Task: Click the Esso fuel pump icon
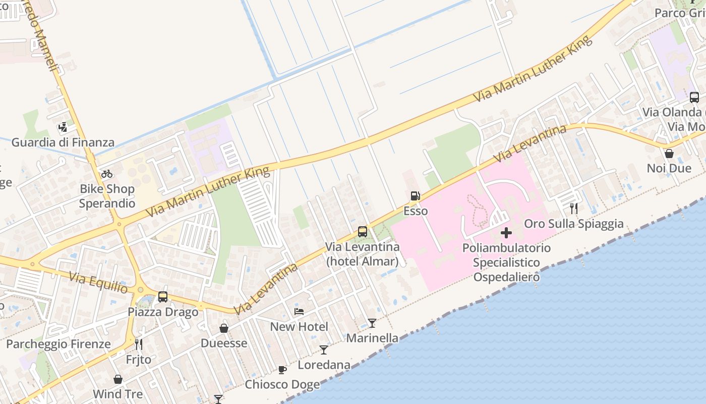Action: pyautogui.click(x=415, y=196)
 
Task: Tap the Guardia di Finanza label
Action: pyautogui.click(x=63, y=142)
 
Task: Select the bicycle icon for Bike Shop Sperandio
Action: pyautogui.click(x=107, y=174)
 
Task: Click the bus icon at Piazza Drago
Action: pyautogui.click(x=163, y=297)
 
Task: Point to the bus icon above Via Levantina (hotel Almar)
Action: pyautogui.click(x=363, y=232)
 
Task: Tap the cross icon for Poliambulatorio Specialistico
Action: pyautogui.click(x=506, y=233)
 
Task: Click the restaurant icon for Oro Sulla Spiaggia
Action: pyautogui.click(x=573, y=208)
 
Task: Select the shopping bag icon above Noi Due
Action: pyautogui.click(x=669, y=153)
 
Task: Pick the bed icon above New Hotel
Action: pyautogui.click(x=299, y=312)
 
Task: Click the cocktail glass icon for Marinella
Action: pyautogui.click(x=372, y=323)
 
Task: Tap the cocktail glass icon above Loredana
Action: pyautogui.click(x=324, y=349)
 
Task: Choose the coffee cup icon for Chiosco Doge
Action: pyautogui.click(x=282, y=370)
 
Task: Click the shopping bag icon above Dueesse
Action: pyautogui.click(x=224, y=328)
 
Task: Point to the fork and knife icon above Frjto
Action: pyautogui.click(x=139, y=344)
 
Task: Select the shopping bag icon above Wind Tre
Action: pyautogui.click(x=118, y=379)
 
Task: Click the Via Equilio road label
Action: pyautogui.click(x=98, y=283)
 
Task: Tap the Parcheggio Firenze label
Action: pyautogui.click(x=58, y=344)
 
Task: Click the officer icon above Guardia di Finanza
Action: pyautogui.click(x=63, y=127)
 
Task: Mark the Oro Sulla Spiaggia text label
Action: pyautogui.click(x=574, y=224)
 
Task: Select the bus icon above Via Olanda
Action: pyautogui.click(x=694, y=97)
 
